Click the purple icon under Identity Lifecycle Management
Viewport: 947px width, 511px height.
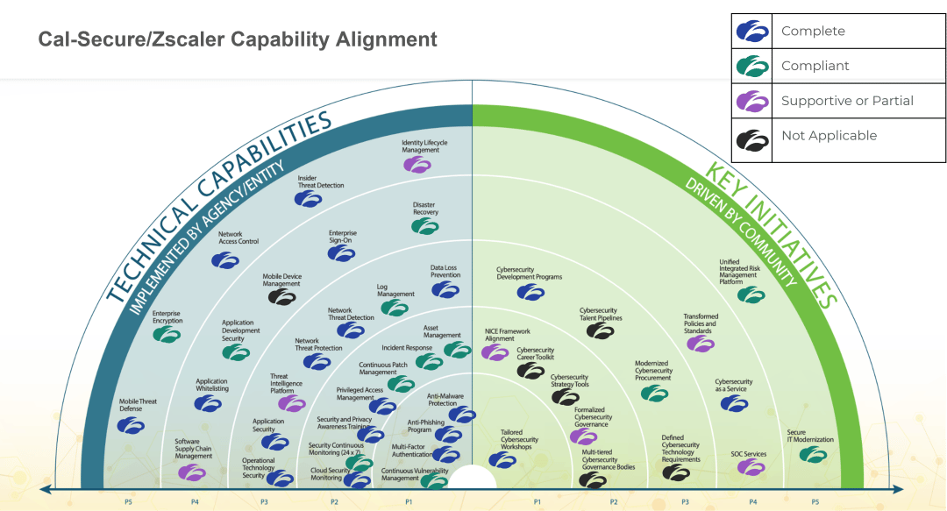(x=417, y=163)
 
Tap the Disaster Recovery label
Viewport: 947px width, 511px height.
(x=425, y=209)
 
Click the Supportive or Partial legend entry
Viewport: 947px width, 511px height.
(x=847, y=101)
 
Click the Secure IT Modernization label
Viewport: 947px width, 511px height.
(x=809, y=436)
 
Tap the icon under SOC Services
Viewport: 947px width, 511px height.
(x=751, y=467)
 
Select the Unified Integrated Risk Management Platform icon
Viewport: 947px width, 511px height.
(x=751, y=295)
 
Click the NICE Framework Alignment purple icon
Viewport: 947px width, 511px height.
(x=495, y=352)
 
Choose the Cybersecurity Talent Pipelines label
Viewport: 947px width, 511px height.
(x=599, y=314)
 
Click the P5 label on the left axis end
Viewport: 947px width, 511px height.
(x=128, y=502)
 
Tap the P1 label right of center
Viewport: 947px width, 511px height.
(x=537, y=502)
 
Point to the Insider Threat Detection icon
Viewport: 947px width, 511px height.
(x=308, y=199)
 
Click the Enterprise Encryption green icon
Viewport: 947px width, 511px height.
(x=167, y=334)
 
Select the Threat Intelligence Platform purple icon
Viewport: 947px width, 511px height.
(x=291, y=403)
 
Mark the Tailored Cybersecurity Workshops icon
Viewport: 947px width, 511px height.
(x=502, y=459)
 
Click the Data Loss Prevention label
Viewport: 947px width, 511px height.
(x=445, y=272)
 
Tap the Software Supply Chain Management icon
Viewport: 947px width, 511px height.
(x=191, y=472)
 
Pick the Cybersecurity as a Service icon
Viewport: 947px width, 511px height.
(x=734, y=403)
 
